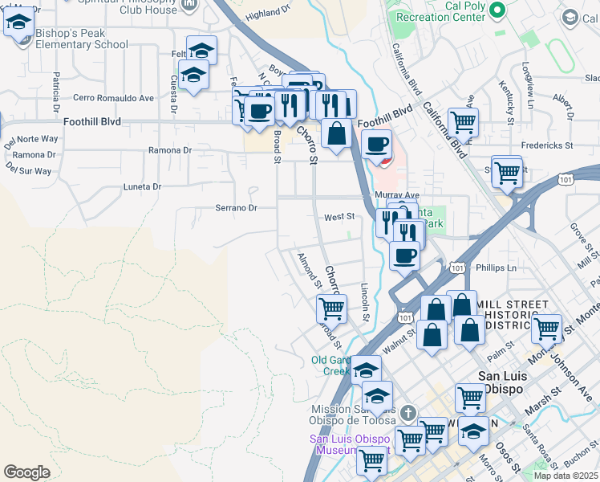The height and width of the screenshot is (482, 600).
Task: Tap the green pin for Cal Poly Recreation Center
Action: pos(497,10)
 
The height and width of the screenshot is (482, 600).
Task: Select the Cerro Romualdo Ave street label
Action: pos(112,98)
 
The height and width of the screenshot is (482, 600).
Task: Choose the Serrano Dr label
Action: pos(235,207)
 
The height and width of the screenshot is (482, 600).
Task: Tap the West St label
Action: pos(339,217)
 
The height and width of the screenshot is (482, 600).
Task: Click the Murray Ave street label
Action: pos(396,195)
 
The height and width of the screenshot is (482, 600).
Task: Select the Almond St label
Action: pos(308,272)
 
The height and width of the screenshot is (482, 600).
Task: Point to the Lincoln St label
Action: pos(365,300)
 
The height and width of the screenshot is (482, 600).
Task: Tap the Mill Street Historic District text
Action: pos(513,314)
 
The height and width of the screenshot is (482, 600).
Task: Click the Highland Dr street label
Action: pos(267,14)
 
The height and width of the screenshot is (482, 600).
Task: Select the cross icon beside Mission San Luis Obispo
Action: pos(408,413)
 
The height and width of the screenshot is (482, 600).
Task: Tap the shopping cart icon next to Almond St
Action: pos(330,307)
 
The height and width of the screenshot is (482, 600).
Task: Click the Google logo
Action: pos(26,472)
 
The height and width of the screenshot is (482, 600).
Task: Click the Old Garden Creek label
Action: pos(330,366)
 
